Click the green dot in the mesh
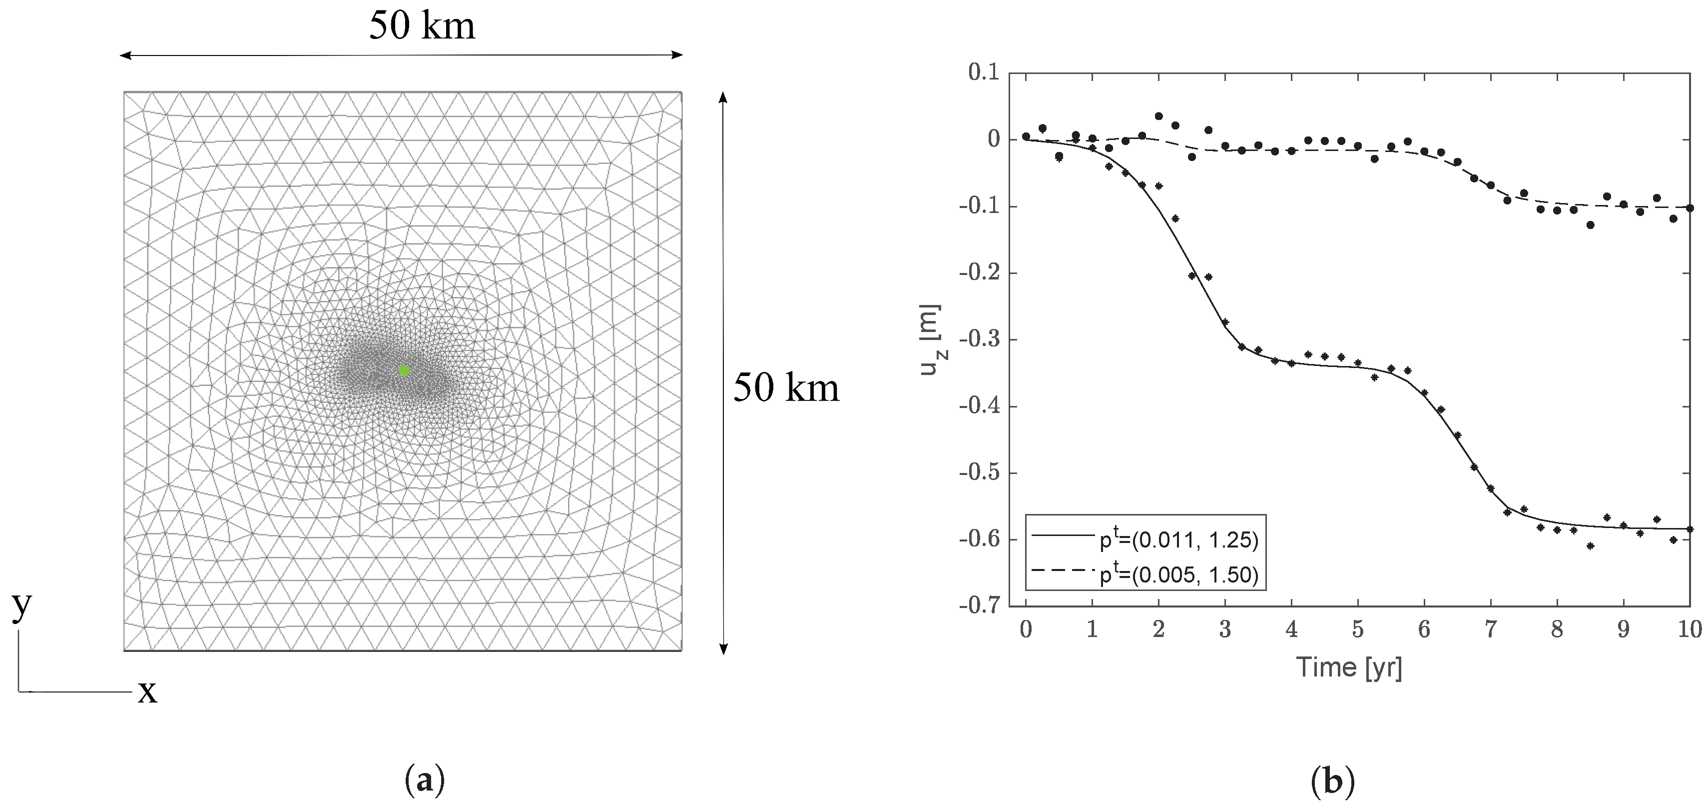[404, 370]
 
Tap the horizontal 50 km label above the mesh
[422, 27]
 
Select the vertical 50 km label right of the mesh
[786, 388]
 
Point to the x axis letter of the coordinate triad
[147, 692]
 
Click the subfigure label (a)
[424, 780]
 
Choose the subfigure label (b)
[1333, 780]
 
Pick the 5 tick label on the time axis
[1358, 629]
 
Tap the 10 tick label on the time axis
[1691, 629]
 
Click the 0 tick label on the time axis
[1026, 629]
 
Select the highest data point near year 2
[1159, 116]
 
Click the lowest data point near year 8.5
[1591, 546]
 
